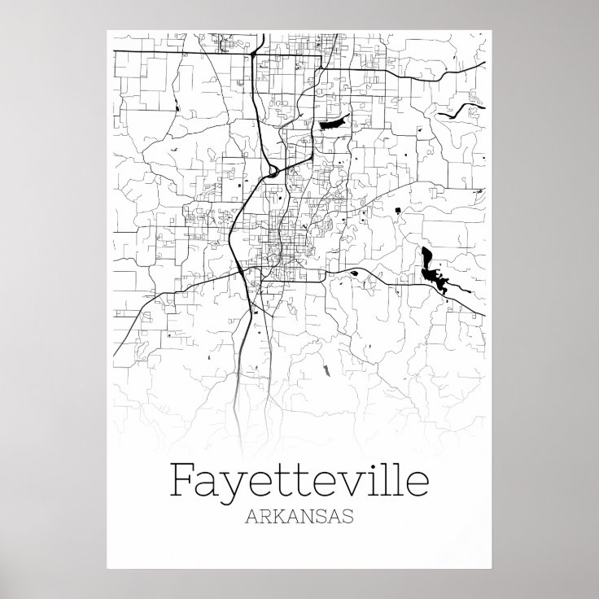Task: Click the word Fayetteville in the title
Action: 299,480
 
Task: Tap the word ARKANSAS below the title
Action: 299,517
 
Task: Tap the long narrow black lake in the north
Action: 334,124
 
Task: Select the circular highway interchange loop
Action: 271,170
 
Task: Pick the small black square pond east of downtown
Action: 398,211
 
